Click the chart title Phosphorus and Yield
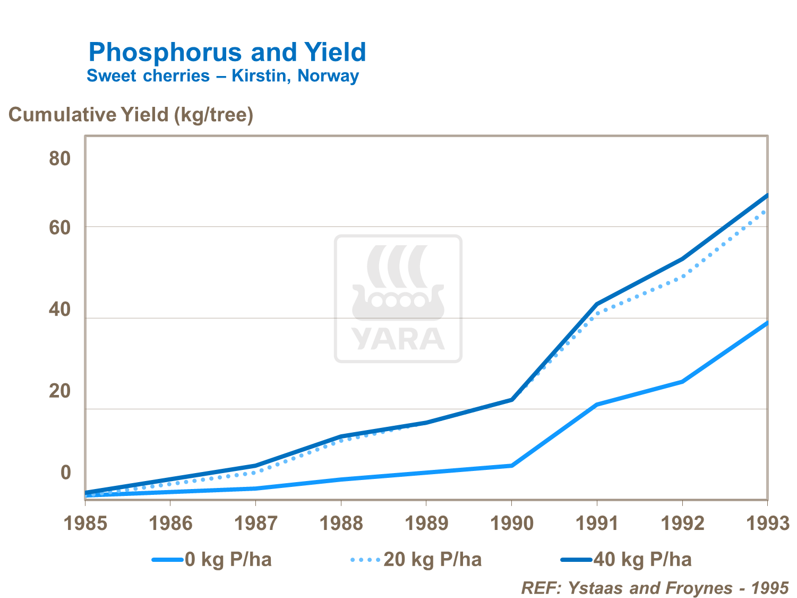click(x=227, y=52)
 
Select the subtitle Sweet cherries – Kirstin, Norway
click(x=222, y=76)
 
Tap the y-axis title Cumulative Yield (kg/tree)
click(x=131, y=115)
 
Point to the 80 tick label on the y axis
click(x=60, y=158)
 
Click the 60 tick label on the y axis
click(x=60, y=228)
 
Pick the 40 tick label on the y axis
click(x=60, y=309)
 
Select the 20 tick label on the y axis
click(x=60, y=391)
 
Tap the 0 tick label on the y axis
click(x=65, y=472)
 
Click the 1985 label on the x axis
click(x=85, y=524)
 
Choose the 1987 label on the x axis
click(x=255, y=524)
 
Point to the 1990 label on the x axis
click(x=511, y=524)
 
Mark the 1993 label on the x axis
click(x=767, y=524)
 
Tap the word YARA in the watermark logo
click(x=398, y=339)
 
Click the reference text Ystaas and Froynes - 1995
click(x=655, y=588)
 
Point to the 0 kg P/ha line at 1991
click(x=597, y=405)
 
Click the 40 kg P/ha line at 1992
click(x=682, y=259)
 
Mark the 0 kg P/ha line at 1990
click(x=511, y=466)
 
